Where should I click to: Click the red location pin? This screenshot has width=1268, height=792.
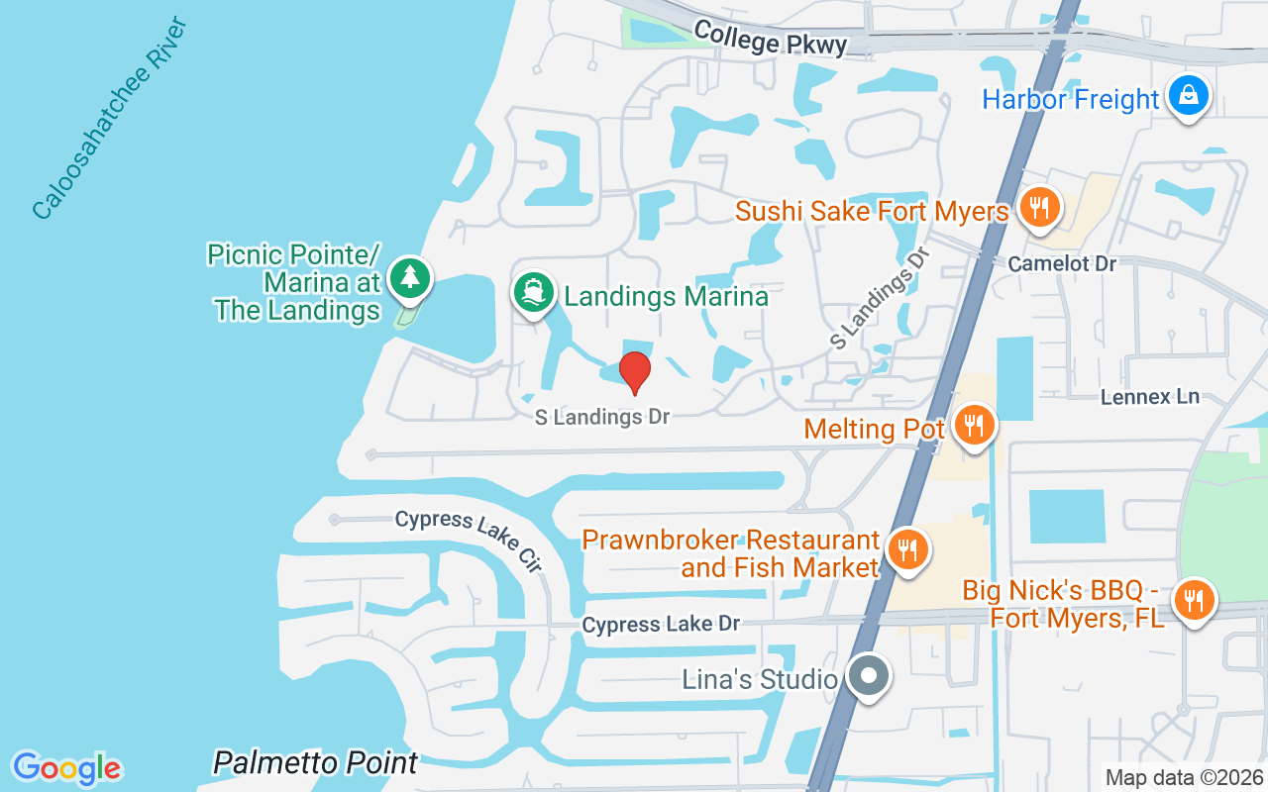635,372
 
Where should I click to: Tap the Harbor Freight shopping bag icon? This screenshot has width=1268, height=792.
1186,96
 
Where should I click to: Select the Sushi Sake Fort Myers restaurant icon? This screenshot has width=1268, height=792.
1039,208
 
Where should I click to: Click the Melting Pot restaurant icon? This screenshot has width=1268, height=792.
975,426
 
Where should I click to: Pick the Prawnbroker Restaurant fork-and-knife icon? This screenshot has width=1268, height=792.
905,548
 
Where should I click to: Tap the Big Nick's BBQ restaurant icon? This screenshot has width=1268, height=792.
1195,599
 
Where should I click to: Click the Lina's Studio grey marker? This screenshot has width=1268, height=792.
870,677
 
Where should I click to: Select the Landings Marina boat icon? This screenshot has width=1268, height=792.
533,292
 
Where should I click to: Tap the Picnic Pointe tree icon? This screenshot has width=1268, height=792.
408,278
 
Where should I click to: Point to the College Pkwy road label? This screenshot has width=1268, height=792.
771,38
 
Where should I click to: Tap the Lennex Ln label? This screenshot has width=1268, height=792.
1150,397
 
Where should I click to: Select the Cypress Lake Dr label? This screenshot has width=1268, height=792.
661,625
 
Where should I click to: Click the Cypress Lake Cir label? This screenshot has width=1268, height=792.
470,541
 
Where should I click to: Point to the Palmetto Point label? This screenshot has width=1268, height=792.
316,763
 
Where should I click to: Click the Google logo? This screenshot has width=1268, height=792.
67,768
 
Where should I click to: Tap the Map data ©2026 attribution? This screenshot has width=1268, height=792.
1184,778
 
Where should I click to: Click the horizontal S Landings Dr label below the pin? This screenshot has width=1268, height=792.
602,417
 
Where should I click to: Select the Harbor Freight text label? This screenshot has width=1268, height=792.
1070,100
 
